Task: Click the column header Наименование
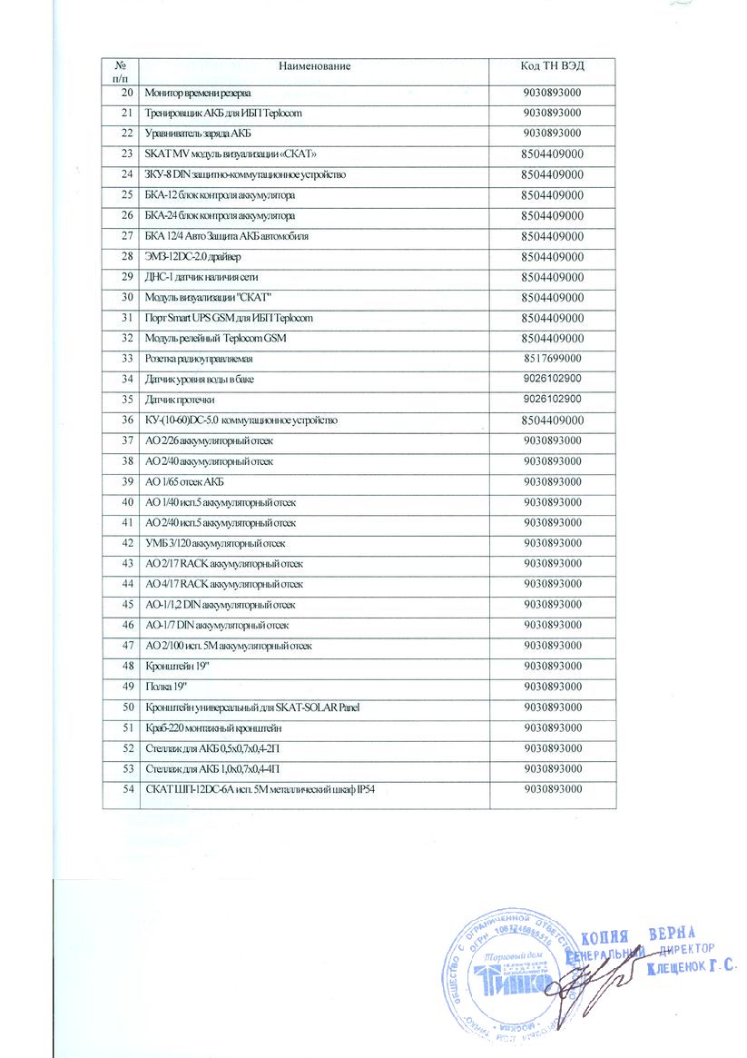[x=314, y=66]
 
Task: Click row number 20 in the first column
[x=126, y=94]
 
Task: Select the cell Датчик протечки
[x=182, y=400]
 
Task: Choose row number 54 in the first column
[x=126, y=787]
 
